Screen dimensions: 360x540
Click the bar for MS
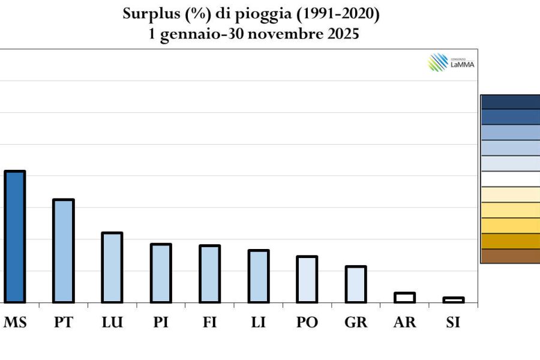[14, 237]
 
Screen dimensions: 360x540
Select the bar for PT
[64, 251]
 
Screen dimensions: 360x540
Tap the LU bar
[112, 267]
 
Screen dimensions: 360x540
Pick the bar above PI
[161, 273]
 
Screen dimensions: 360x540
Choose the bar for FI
[209, 274]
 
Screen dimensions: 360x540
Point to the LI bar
[259, 276]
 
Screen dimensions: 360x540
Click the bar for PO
[307, 279]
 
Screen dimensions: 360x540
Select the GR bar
[356, 284]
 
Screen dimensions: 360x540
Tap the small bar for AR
[405, 298]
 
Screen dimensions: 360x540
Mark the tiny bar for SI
[454, 300]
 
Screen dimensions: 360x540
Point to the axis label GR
[356, 322]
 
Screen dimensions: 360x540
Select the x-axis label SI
[454, 322]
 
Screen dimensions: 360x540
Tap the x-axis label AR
[405, 322]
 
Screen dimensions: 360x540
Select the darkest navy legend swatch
[511, 102]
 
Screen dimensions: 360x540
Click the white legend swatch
[511, 179]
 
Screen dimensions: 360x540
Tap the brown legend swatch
[511, 256]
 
